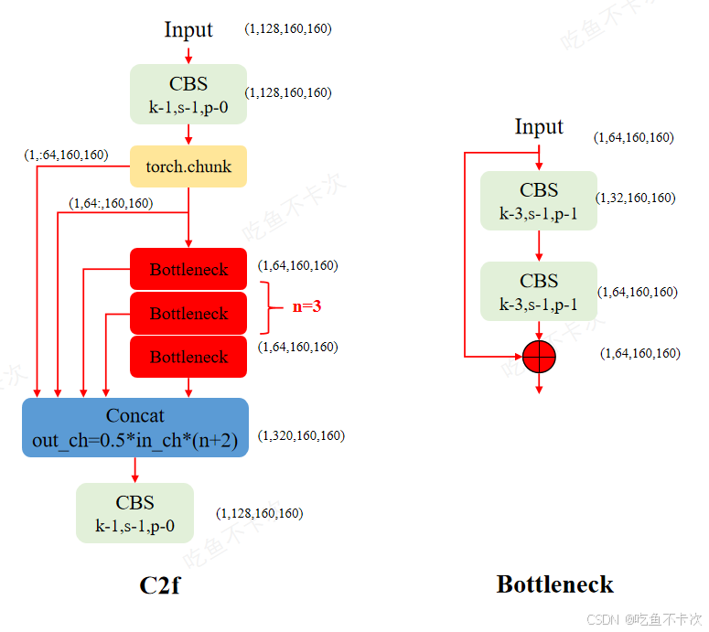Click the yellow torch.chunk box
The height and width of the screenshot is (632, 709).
point(188,166)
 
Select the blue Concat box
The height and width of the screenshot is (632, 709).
point(135,428)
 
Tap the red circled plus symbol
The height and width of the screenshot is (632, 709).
point(539,355)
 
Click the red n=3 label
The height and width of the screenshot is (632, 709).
point(306,306)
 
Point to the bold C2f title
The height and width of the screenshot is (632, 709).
point(159,584)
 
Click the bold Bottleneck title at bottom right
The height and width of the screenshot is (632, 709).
point(554,584)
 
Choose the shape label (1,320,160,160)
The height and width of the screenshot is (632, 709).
point(301,436)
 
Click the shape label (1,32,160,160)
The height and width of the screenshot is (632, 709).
point(635,198)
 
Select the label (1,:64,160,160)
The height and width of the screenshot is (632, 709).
point(66,155)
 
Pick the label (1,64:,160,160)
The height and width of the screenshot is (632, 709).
point(111,203)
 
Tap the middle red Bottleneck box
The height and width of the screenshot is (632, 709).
point(188,314)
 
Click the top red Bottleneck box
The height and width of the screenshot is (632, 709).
point(188,270)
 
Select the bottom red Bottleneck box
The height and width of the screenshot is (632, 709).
point(188,357)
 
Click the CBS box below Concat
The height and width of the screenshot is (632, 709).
point(134,513)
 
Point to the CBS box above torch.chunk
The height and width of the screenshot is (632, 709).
point(188,94)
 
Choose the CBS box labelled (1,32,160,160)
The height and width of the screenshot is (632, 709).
point(539,201)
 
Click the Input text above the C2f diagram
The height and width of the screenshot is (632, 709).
point(188,29)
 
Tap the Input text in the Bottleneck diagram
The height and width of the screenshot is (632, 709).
point(539,126)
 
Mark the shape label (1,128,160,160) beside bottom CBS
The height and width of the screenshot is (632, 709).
point(259,513)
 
